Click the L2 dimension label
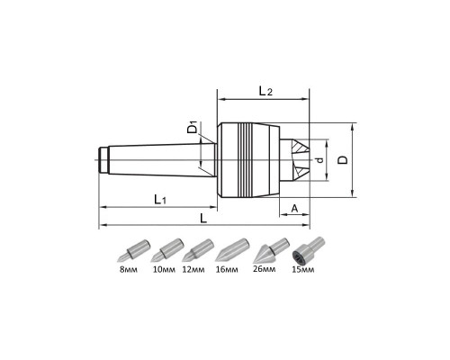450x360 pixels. pyautogui.click(x=265, y=91)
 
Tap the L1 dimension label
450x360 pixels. pyautogui.click(x=160, y=199)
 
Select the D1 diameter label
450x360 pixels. pyautogui.click(x=193, y=127)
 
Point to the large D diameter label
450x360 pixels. pyautogui.click(x=343, y=159)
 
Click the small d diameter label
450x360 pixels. pyautogui.click(x=320, y=160)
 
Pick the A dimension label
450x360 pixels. pyautogui.click(x=294, y=208)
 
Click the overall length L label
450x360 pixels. pyautogui.click(x=203, y=218)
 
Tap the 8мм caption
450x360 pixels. pyautogui.click(x=129, y=269)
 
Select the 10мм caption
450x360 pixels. pyautogui.click(x=164, y=269)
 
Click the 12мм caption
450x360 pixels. pyautogui.click(x=193, y=269)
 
